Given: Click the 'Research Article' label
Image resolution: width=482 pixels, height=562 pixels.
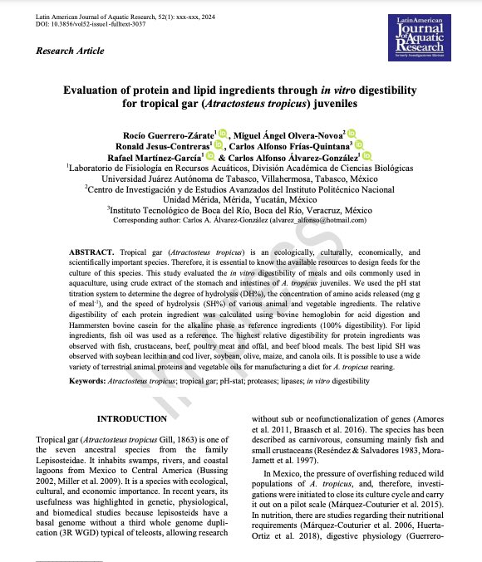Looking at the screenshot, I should (x=70, y=51).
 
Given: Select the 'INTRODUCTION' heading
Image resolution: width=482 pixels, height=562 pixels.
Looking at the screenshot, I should (x=132, y=418).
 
